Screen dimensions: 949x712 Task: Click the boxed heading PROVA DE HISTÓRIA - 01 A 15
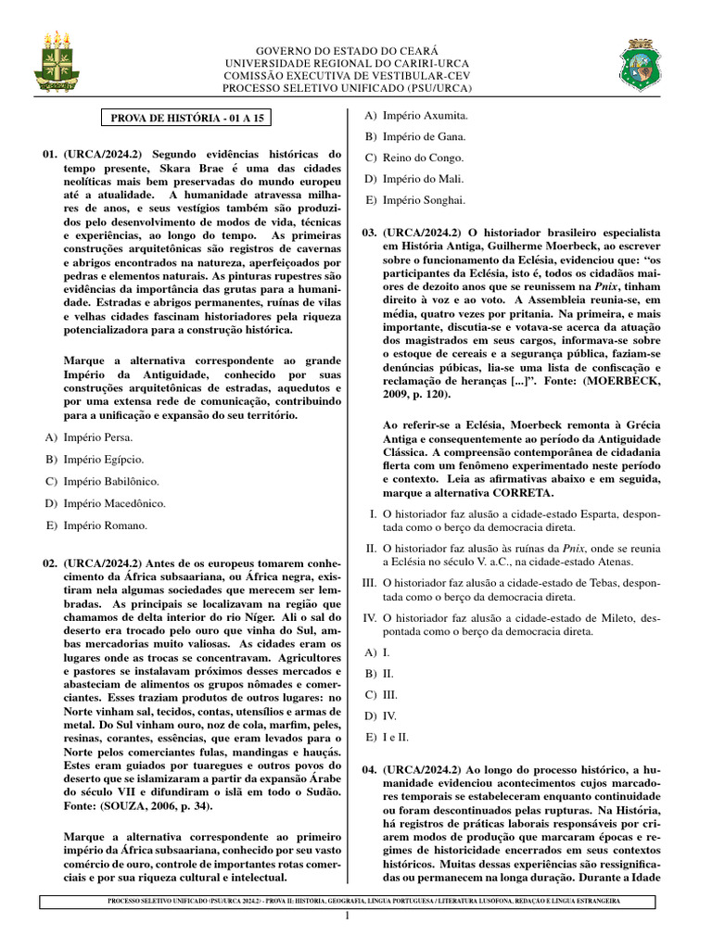pyautogui.click(x=186, y=119)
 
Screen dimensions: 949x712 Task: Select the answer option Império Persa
pyautogui.click(x=97, y=437)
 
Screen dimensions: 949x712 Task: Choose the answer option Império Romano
pyautogui.click(x=105, y=525)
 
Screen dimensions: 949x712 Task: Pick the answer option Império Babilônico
pyautogui.click(x=110, y=481)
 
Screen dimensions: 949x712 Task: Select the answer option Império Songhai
pyautogui.click(x=424, y=199)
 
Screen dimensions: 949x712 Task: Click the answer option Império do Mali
pyautogui.click(x=423, y=178)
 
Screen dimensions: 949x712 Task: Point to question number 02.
pyautogui.click(x=50, y=563)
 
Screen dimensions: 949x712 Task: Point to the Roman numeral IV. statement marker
pyautogui.click(x=368, y=616)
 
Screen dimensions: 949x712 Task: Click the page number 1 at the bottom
pyautogui.click(x=348, y=917)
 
